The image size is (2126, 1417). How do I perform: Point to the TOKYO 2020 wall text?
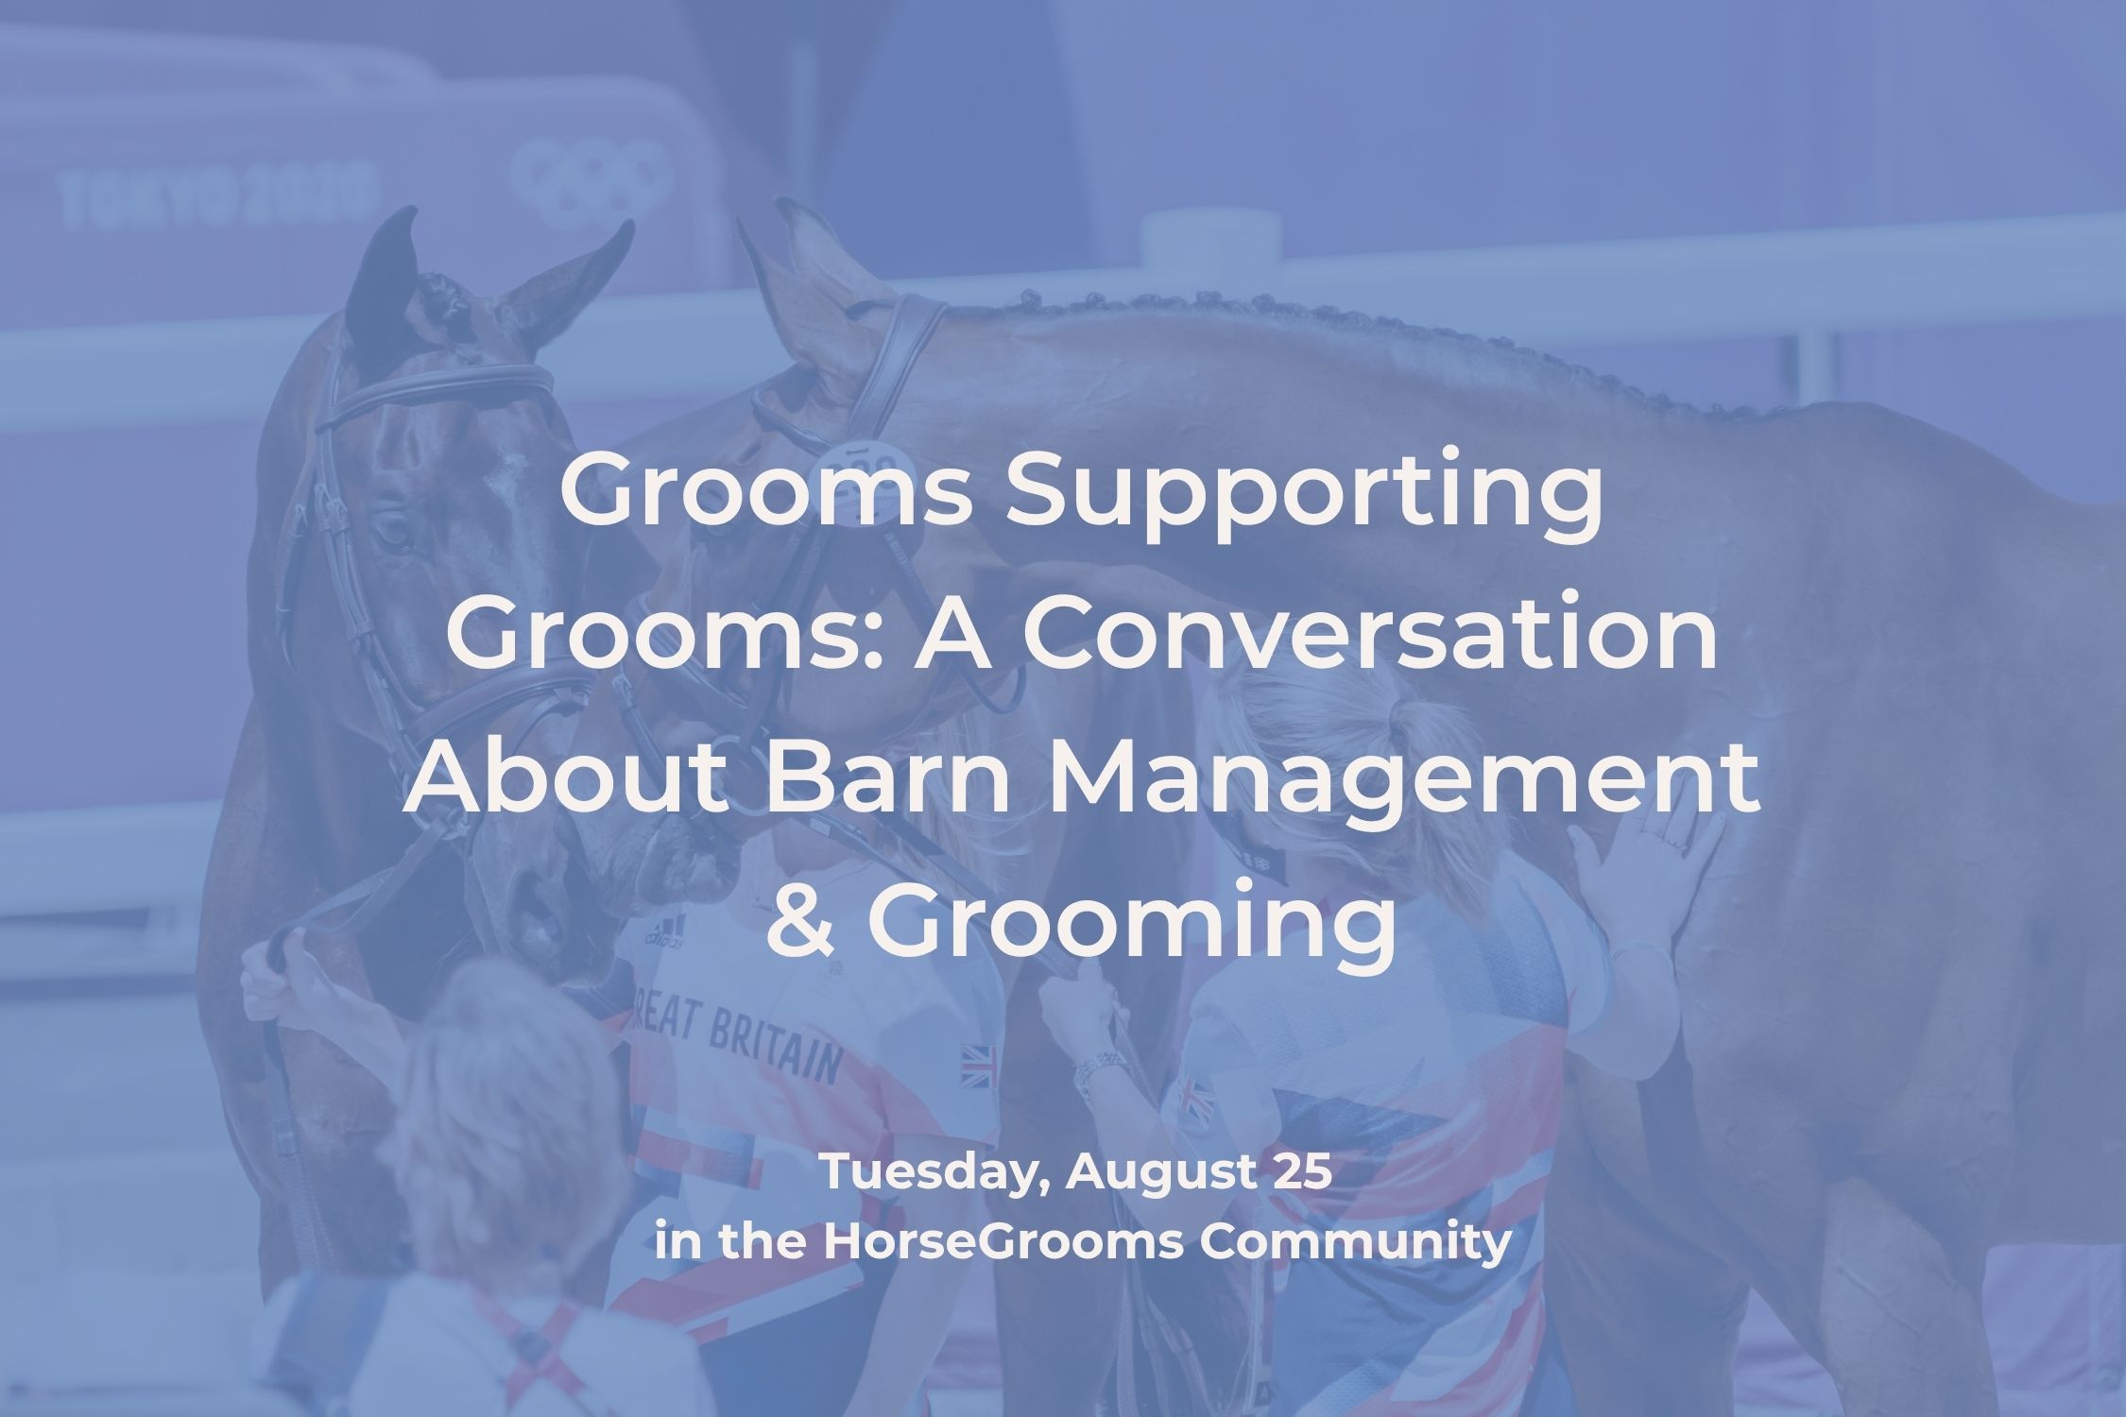pos(213,199)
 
